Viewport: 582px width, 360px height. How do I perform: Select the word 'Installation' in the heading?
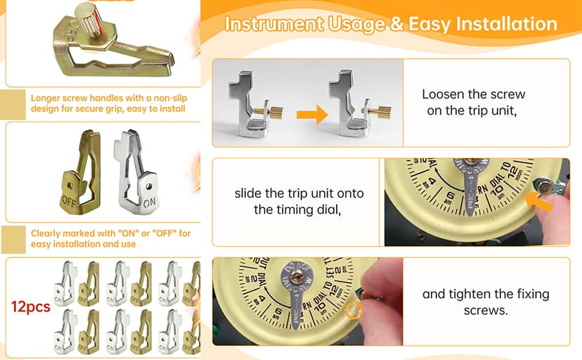505,24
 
